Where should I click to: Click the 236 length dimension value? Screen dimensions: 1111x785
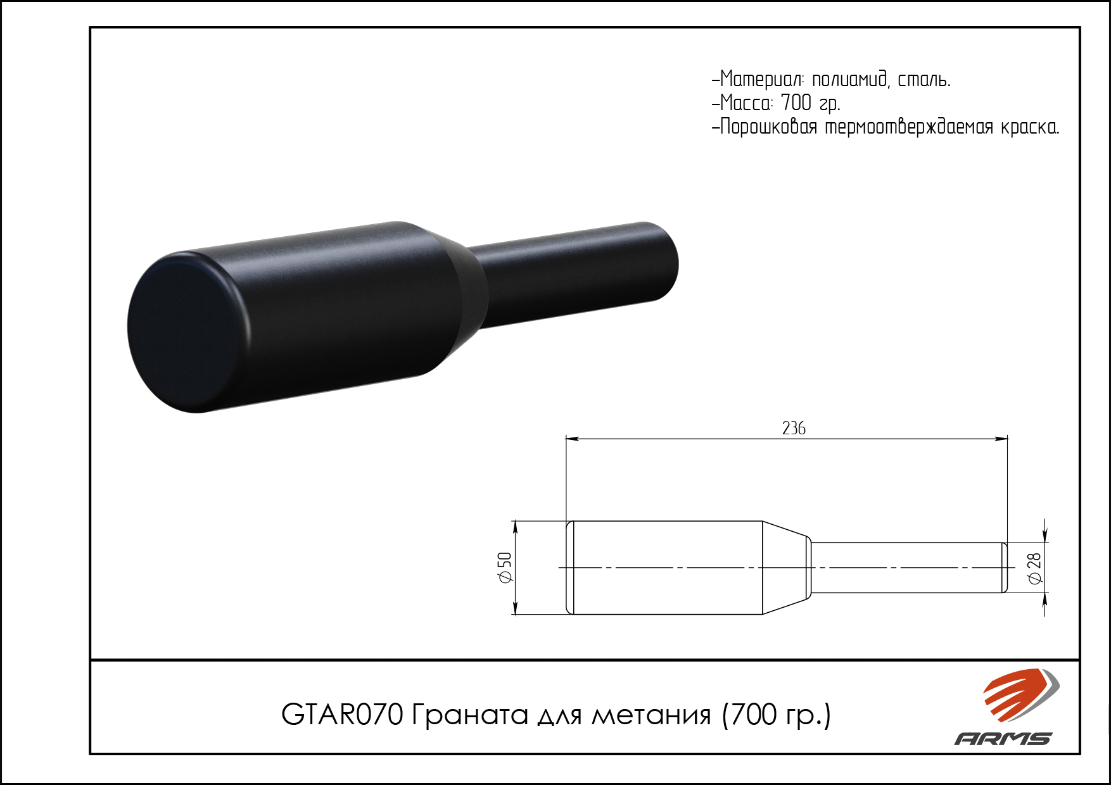(794, 429)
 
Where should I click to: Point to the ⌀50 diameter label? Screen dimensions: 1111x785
(505, 567)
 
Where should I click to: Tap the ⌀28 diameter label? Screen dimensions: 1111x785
(1034, 568)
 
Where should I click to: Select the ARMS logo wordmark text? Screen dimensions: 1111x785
(1003, 738)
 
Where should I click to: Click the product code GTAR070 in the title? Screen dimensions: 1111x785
(342, 715)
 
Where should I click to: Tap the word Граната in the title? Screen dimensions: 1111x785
(470, 715)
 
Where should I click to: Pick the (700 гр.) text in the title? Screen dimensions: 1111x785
(777, 715)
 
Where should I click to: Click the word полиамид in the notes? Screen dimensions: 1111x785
(849, 79)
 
